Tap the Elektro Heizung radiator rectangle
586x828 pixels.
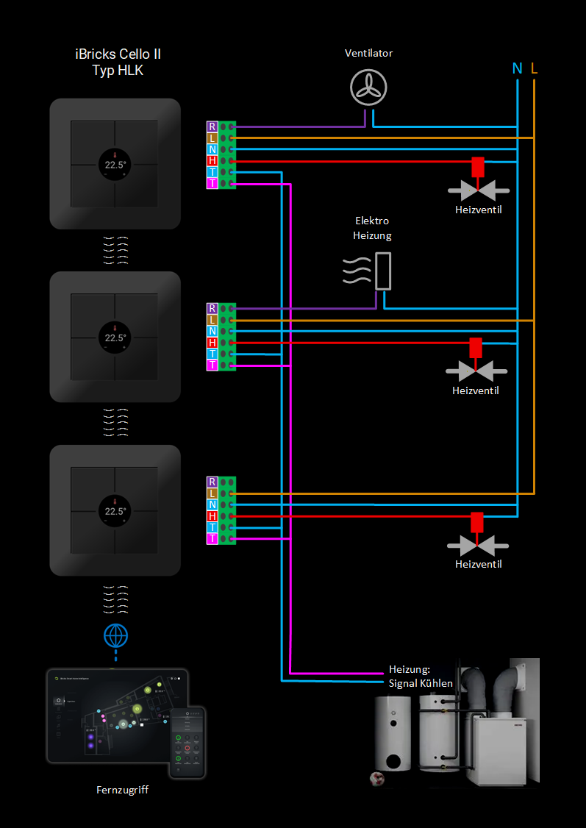coord(382,271)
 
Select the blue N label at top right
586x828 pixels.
coord(518,68)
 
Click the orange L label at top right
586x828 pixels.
coord(534,68)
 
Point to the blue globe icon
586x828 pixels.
coord(115,634)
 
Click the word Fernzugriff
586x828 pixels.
coord(122,790)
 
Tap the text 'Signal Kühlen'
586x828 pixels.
coord(421,683)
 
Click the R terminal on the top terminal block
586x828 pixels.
coord(212,126)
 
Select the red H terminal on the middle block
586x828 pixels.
coord(212,343)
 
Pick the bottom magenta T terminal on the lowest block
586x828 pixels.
coord(212,539)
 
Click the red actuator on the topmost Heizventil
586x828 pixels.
coord(478,167)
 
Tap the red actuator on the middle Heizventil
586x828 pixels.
coord(476,347)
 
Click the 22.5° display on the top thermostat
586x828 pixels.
coord(115,165)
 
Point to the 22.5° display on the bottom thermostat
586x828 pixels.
coord(115,511)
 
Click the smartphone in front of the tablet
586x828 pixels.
coord(187,742)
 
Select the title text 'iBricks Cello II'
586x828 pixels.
coord(118,54)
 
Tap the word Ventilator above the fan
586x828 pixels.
coord(369,54)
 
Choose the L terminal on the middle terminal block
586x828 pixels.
coord(212,320)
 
